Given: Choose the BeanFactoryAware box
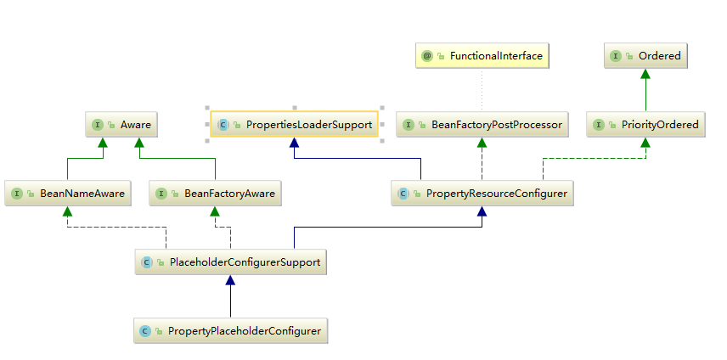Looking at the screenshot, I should coord(216,194).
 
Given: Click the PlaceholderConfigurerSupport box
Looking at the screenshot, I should coord(231,262).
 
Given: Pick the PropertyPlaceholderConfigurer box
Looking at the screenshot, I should coord(230,330).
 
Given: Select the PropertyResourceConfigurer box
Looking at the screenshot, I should coord(482,194).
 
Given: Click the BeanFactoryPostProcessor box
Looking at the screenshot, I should coord(482,124).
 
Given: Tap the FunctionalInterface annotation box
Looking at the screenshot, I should coord(482,56).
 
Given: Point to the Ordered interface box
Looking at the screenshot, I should coord(645,56).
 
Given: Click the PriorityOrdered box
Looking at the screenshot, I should coord(645,124).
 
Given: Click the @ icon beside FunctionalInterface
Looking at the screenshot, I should coord(427,56).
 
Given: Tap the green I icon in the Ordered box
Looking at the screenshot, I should coord(615,56).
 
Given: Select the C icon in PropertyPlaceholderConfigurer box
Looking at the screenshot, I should coord(145,330).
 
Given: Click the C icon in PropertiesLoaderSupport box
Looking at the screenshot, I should coord(223,124).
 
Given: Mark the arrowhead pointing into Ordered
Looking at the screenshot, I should coord(645,74).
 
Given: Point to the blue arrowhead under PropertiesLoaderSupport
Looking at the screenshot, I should coord(294,143).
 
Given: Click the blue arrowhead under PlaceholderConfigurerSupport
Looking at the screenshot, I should coord(230,281).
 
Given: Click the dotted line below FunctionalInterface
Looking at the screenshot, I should coord(482,89).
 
